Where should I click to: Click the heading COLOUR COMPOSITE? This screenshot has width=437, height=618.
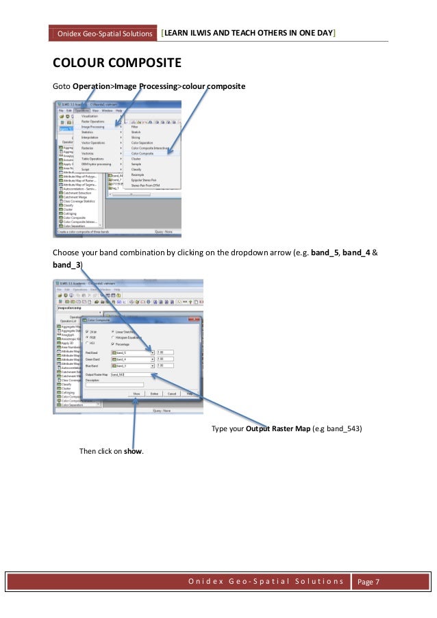[116, 64]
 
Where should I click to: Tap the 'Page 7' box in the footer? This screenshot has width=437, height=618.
[373, 581]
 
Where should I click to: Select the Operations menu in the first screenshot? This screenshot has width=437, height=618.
[82, 110]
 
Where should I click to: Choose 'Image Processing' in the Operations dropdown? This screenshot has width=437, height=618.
[94, 127]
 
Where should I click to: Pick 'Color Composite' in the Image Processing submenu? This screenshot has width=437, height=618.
[142, 154]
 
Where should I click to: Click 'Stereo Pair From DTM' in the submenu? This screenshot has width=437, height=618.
[145, 185]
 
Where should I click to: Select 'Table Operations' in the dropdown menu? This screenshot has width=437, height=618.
[94, 159]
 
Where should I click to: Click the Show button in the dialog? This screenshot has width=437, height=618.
[137, 394]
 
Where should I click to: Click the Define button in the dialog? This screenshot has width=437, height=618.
[155, 394]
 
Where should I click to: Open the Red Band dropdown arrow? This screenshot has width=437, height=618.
[152, 352]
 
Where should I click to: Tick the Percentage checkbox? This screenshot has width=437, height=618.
[112, 344]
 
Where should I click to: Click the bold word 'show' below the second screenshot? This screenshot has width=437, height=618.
[133, 450]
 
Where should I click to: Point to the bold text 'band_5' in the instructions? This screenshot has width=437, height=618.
[326, 252]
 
